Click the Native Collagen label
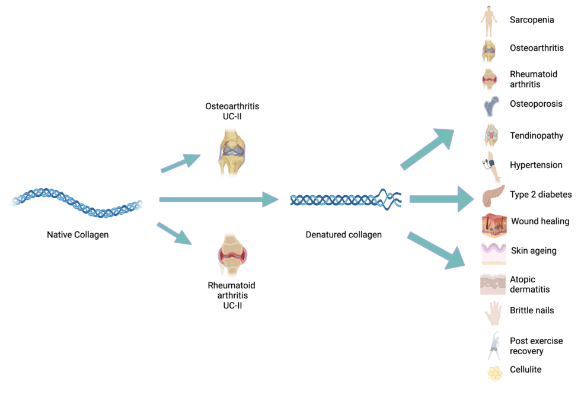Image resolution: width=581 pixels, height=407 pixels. (78, 234)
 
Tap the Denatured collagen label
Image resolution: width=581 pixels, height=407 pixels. (343, 234)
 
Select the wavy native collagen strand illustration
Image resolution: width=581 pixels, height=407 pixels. (77, 202)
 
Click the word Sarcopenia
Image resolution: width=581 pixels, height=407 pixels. (532, 20)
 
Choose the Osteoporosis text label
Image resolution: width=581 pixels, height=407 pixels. (536, 104)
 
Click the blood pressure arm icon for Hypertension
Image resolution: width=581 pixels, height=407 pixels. (492, 166)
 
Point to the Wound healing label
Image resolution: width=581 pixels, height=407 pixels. (540, 221)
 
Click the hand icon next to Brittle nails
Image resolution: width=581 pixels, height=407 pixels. (492, 313)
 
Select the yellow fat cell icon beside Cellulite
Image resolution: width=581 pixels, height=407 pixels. (494, 373)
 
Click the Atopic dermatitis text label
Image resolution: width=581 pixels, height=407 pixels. (529, 284)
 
